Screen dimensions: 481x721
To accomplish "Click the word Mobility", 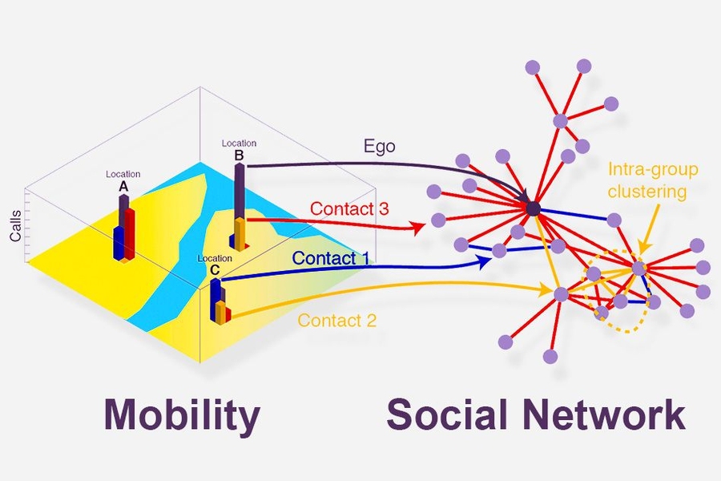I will pyautogui.click(x=181, y=416).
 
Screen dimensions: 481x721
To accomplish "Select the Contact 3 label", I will pyautogui.click(x=349, y=208).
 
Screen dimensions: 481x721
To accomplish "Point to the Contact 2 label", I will pyautogui.click(x=337, y=321).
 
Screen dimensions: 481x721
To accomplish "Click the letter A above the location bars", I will pyautogui.click(x=123, y=186).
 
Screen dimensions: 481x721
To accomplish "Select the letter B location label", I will pyautogui.click(x=239, y=155).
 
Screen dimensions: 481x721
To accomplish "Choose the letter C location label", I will pyautogui.click(x=215, y=269).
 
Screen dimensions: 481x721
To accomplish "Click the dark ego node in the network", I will pyautogui.click(x=534, y=209).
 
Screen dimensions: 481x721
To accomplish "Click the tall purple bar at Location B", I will pyautogui.click(x=239, y=192).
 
